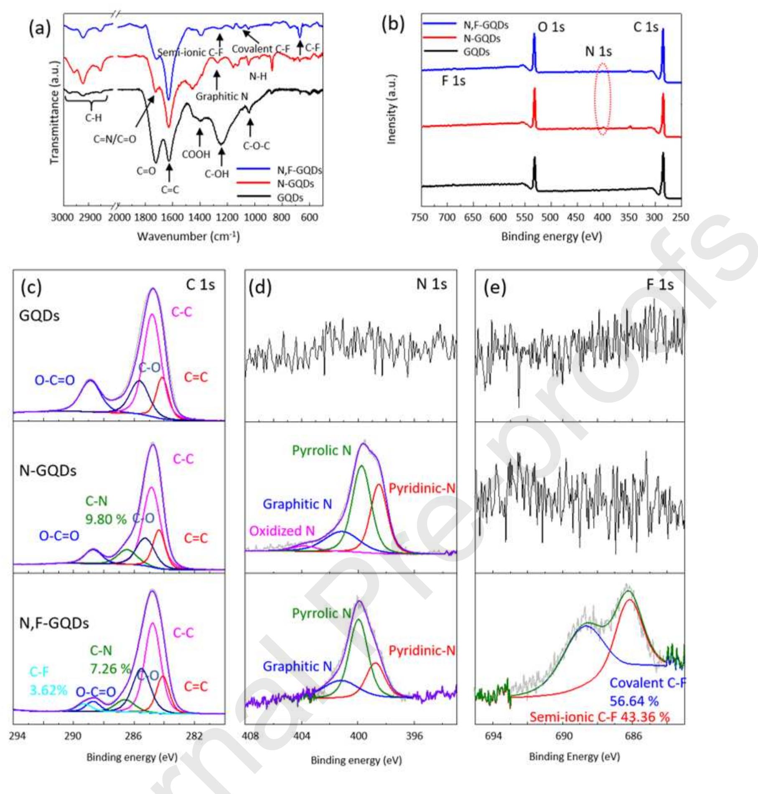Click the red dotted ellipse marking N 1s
[603, 99]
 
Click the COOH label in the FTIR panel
[196, 154]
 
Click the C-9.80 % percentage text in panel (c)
[106, 519]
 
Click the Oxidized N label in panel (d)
[282, 531]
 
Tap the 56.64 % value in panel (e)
[634, 701]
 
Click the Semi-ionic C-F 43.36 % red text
[600, 717]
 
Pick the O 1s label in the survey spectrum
[551, 27]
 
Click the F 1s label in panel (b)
[453, 81]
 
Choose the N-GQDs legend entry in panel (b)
[482, 39]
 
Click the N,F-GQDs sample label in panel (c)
[54, 623]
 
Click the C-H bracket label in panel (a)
[93, 118]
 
